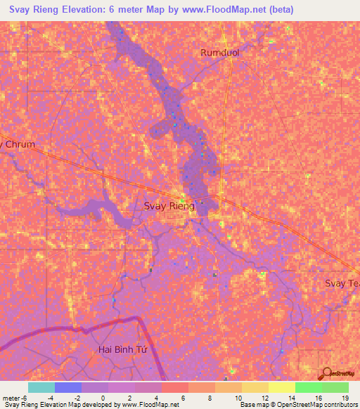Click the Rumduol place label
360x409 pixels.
(222, 53)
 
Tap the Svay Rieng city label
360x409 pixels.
(169, 206)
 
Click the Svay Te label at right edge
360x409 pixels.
(342, 283)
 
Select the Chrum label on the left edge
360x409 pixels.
(18, 144)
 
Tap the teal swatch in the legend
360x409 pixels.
(41, 387)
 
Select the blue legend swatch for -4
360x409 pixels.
(67, 387)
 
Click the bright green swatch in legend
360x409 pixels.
(308, 387)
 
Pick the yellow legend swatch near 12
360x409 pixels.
(281, 387)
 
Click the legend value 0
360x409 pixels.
(103, 397)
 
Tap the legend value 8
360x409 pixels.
(212, 397)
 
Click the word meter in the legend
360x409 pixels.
(11, 397)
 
